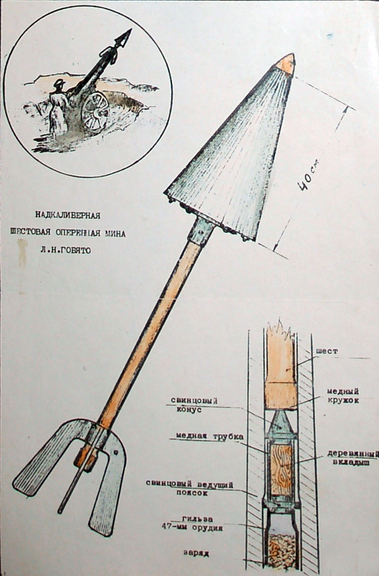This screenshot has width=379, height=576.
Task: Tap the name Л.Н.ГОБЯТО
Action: tap(66, 250)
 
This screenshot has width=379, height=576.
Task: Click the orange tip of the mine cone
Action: tap(286, 64)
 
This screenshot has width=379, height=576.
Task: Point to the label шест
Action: tap(327, 351)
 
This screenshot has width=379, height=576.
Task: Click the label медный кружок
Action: tap(343, 395)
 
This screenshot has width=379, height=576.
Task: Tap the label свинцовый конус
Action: tap(194, 405)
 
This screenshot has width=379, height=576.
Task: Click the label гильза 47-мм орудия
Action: tap(192, 524)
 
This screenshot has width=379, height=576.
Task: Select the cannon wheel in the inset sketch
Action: tap(95, 111)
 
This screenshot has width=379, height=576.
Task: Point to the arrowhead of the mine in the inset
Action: tap(123, 37)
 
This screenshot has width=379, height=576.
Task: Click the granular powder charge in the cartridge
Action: tap(282, 551)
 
